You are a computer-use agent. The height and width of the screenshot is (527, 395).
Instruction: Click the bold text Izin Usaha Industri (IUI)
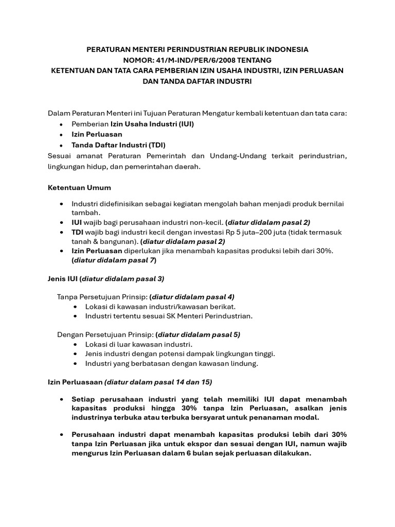point(152,124)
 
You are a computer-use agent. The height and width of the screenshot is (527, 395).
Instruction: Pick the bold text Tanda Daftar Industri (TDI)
point(119,145)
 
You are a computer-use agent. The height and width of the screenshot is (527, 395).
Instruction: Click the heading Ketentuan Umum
point(79,187)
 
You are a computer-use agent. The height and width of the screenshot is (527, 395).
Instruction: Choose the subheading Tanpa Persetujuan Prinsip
point(102,297)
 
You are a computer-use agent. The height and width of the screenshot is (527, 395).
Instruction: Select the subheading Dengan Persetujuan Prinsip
point(105,335)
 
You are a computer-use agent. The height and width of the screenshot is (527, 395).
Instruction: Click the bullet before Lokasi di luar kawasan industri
point(76,344)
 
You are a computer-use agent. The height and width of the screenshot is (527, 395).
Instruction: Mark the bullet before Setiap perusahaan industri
point(62,399)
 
